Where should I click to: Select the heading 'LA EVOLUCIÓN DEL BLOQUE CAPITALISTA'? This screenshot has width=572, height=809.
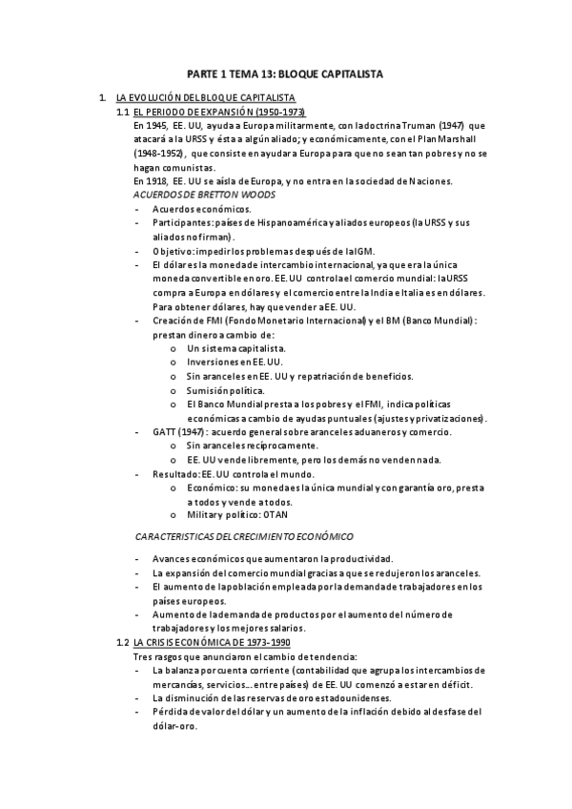(x=204, y=98)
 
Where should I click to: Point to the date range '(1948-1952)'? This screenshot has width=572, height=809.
(x=159, y=153)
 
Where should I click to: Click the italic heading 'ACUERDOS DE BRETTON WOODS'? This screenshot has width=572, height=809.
(x=204, y=194)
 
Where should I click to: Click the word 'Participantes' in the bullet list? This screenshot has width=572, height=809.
(x=183, y=222)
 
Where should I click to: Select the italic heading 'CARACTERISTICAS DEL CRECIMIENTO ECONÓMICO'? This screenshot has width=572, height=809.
(x=244, y=537)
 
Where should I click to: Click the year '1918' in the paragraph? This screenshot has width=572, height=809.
(x=156, y=180)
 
